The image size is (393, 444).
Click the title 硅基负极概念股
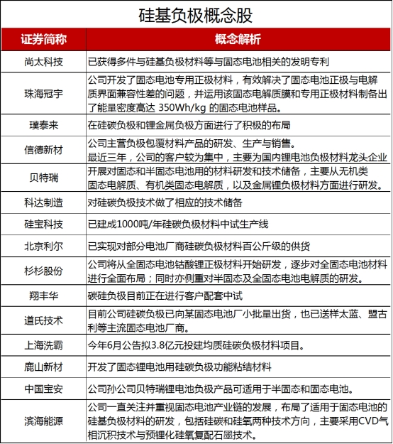coord(196,15)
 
